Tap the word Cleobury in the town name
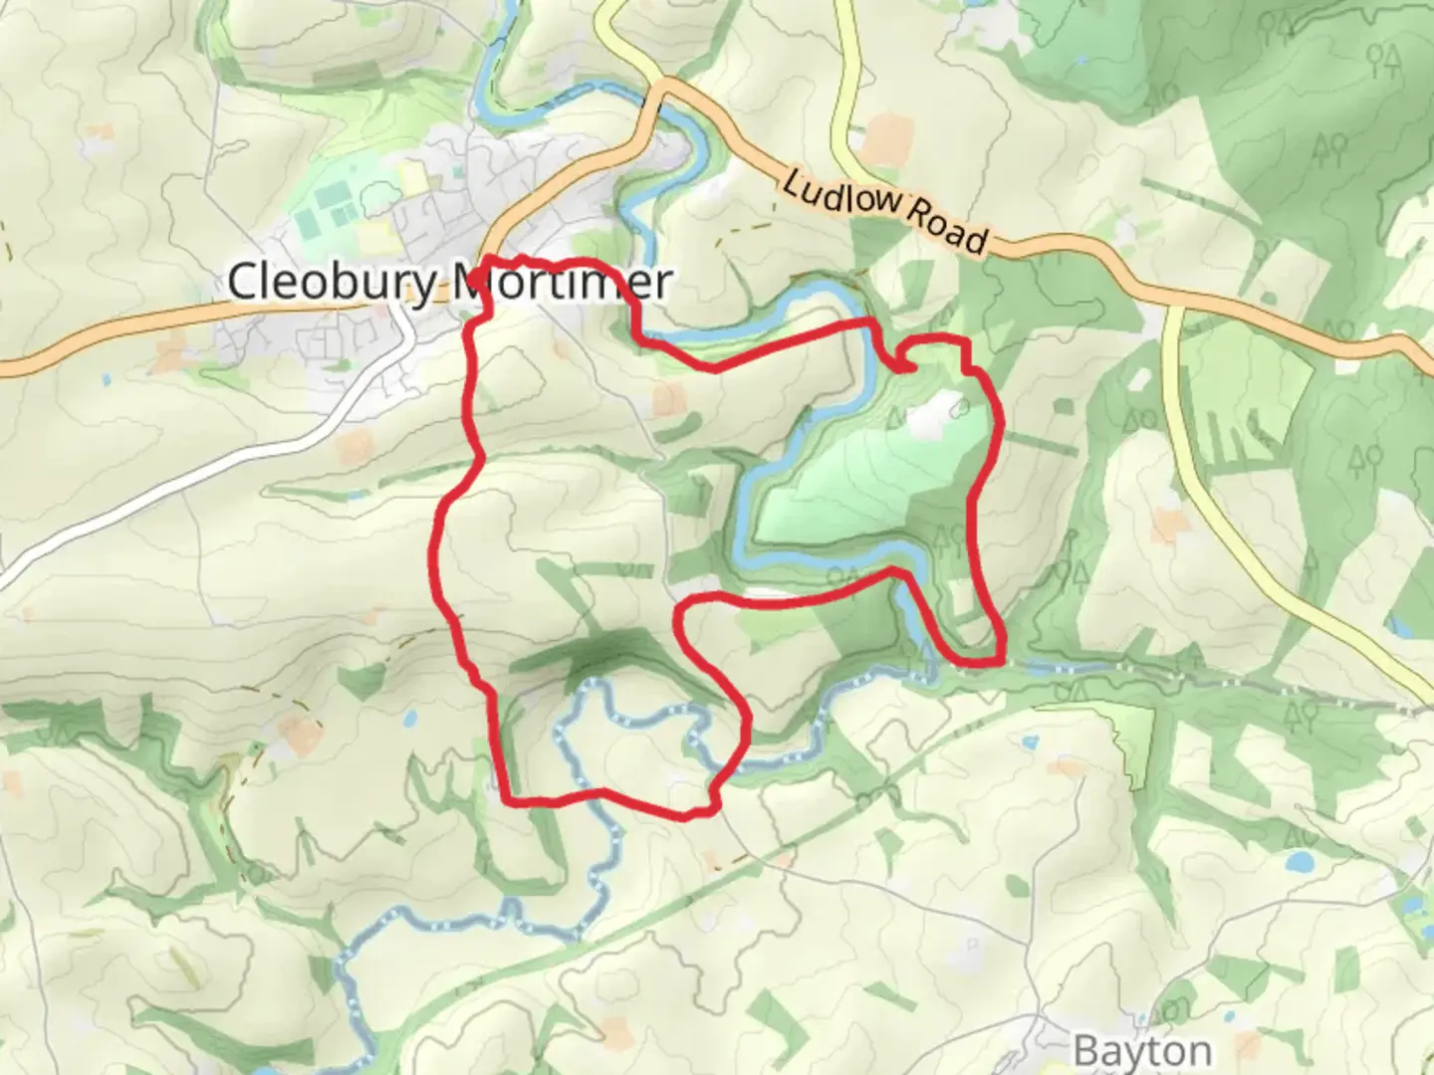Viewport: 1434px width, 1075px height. (x=331, y=282)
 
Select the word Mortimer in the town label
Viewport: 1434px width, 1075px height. (x=563, y=282)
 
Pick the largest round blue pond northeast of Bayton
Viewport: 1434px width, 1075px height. (x=1300, y=862)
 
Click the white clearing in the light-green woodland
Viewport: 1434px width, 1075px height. (x=934, y=416)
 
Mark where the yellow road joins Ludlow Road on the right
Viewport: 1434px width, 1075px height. (x=1170, y=302)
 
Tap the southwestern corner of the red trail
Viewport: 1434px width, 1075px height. (x=507, y=798)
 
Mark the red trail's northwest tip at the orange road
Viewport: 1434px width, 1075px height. (x=484, y=264)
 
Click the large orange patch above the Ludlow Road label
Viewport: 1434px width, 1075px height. (x=885, y=136)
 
